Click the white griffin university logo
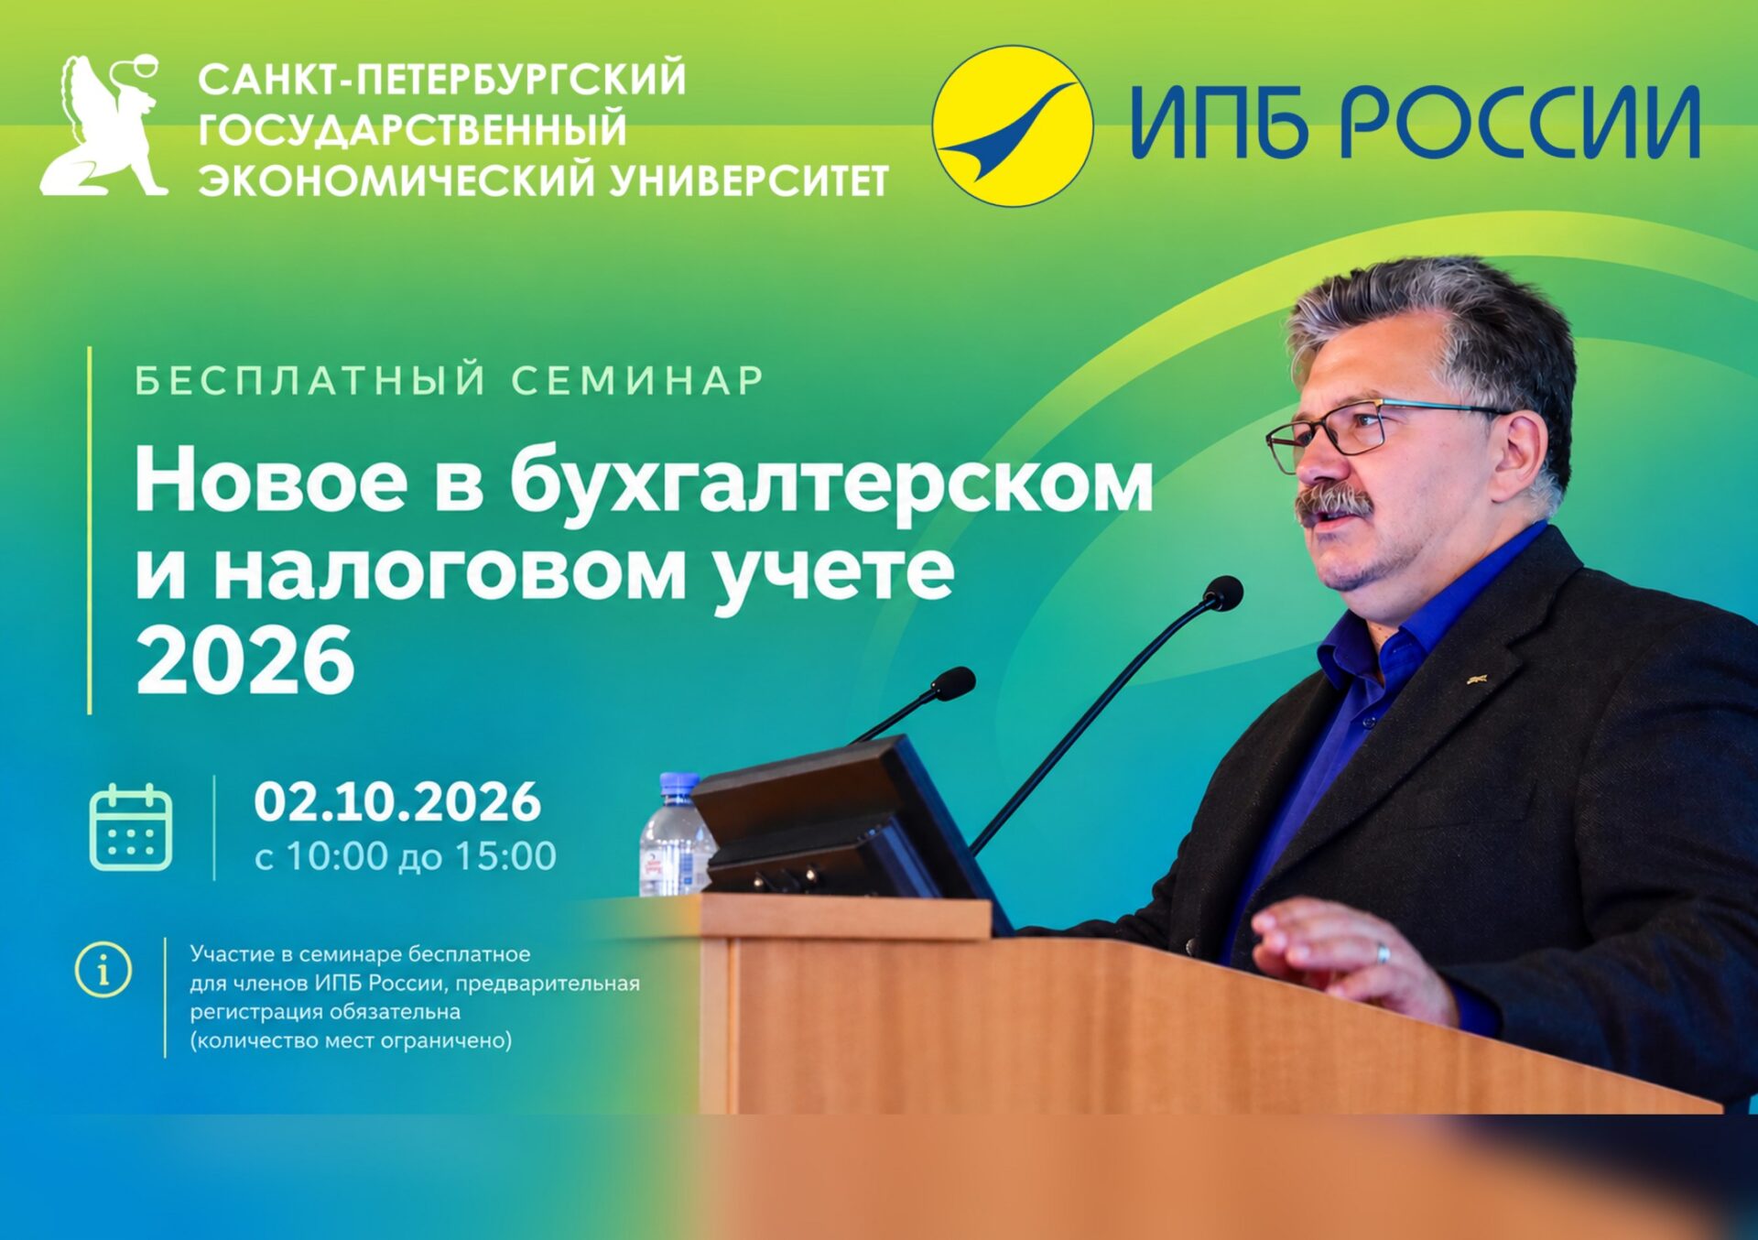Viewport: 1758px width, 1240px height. click(x=103, y=125)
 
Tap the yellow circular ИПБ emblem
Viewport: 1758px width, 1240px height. click(x=1013, y=125)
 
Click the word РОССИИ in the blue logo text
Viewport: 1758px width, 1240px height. click(x=1520, y=123)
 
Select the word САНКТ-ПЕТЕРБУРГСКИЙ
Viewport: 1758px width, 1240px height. click(x=442, y=79)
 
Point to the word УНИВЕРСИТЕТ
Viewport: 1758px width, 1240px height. click(x=749, y=180)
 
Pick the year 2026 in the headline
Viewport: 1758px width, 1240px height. click(x=244, y=659)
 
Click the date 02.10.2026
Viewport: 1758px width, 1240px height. click(x=397, y=801)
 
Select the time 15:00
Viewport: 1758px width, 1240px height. click(x=505, y=856)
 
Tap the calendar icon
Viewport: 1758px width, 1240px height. click(x=131, y=827)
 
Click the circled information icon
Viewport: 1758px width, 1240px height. click(x=103, y=968)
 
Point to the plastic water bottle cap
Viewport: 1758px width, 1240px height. click(x=679, y=784)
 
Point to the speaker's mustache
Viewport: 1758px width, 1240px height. click(x=1333, y=506)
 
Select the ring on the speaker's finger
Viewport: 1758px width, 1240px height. click(x=1384, y=952)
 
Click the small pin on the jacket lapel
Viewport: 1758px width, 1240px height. click(x=1476, y=680)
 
